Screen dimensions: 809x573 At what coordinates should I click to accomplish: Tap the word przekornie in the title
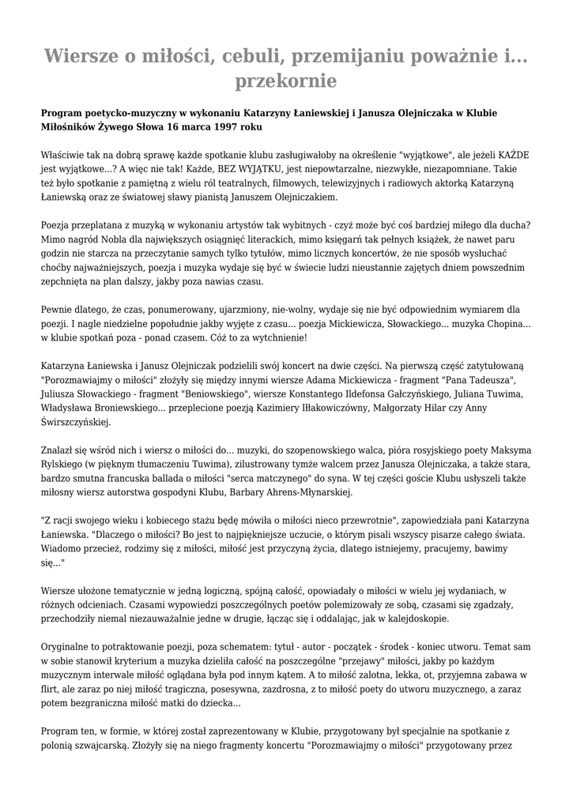(x=286, y=81)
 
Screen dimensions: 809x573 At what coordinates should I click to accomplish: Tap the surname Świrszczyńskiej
(x=79, y=423)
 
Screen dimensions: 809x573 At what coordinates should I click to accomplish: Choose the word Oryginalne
(x=69, y=647)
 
